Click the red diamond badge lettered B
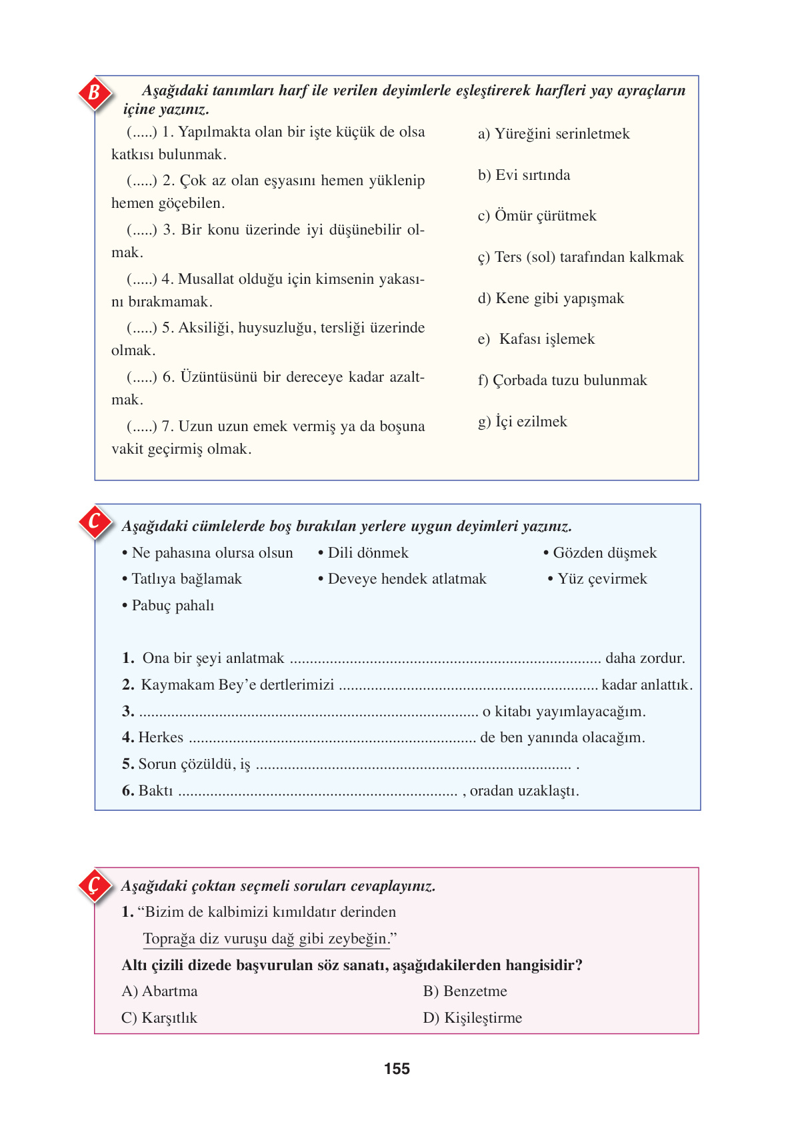pyautogui.click(x=95, y=93)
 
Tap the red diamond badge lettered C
pyautogui.click(x=95, y=522)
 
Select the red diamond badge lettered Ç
pyautogui.click(x=95, y=885)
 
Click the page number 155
pyautogui.click(x=397, y=1069)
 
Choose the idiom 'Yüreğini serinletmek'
pyautogui.click(x=553, y=134)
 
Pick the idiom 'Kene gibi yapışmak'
pyautogui.click(x=551, y=298)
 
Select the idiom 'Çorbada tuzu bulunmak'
pyautogui.click(x=562, y=380)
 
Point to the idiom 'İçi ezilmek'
pyautogui.click(x=522, y=422)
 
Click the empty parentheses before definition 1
pyautogui.click(x=141, y=132)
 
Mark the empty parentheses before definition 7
pyautogui.click(x=141, y=426)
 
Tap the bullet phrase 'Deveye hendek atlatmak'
pyautogui.click(x=406, y=579)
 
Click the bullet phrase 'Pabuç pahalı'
pyautogui.click(x=172, y=606)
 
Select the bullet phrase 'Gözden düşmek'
pyautogui.click(x=603, y=553)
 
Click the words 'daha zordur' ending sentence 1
pyautogui.click(x=644, y=658)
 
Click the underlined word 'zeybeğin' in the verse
pyautogui.click(x=357, y=939)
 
